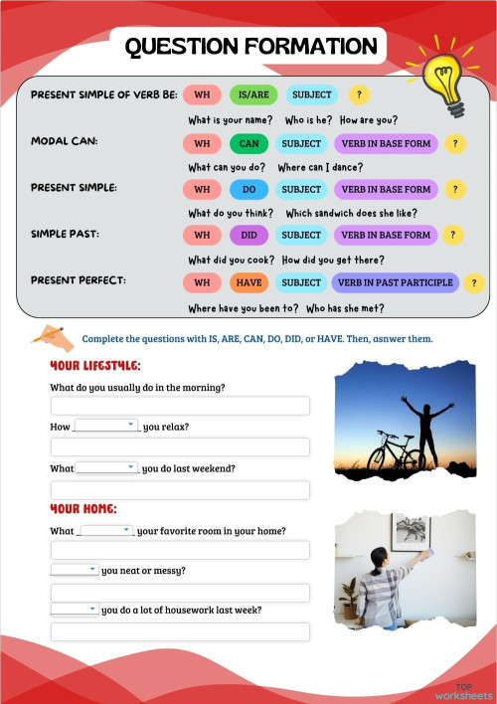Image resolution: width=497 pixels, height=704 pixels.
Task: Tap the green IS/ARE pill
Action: [x=252, y=95]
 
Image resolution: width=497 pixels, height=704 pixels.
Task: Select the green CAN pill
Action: [x=248, y=143]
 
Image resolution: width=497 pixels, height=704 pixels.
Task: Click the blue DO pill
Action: [x=248, y=189]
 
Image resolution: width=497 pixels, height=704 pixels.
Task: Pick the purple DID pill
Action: [x=248, y=236]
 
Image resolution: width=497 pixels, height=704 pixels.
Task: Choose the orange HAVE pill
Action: [x=248, y=282]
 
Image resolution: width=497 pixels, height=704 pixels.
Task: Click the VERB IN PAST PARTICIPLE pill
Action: [x=395, y=282]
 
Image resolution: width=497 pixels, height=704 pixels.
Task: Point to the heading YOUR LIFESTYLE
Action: [x=95, y=366]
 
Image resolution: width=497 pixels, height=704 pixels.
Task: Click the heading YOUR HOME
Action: [x=83, y=509]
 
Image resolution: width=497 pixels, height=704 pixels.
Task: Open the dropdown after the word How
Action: [x=105, y=426]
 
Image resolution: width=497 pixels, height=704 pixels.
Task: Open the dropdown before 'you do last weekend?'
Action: [x=106, y=467]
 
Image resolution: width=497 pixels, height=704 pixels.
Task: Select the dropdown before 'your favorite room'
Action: [x=105, y=531]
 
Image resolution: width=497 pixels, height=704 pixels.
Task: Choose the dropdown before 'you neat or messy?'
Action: [x=75, y=570]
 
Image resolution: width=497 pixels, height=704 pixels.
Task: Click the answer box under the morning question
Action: [x=180, y=406]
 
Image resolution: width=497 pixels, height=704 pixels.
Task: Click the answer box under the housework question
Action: [x=180, y=631]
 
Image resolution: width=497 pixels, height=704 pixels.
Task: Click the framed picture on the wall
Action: [x=411, y=530]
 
